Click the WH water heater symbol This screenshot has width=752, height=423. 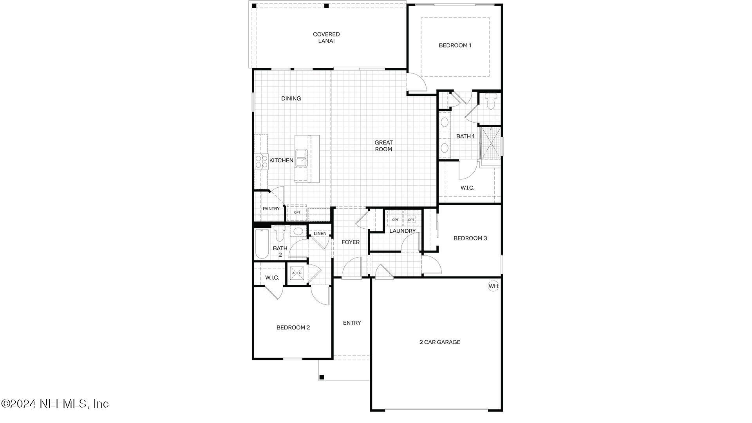pos(493,286)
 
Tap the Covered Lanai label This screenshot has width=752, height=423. pos(326,38)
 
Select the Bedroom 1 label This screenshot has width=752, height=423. pos(455,45)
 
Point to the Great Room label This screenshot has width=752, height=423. pos(383,146)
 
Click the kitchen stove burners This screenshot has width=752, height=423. pos(261,162)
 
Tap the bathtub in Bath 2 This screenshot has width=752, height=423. pos(262,244)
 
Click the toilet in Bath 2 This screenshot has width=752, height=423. pos(280,233)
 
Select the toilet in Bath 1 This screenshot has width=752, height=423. pos(490,101)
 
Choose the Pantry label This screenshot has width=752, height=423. pos(271,209)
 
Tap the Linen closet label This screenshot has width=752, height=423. pos(320,233)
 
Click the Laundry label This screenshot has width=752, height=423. pos(402,231)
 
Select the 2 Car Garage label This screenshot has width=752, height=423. pos(440,342)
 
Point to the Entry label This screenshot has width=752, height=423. pos(352,323)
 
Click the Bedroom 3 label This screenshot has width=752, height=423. pos(470,238)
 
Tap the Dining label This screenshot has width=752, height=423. pos(291,99)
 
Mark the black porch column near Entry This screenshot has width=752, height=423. pos(322,377)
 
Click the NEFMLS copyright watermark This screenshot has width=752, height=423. pos(55,403)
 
